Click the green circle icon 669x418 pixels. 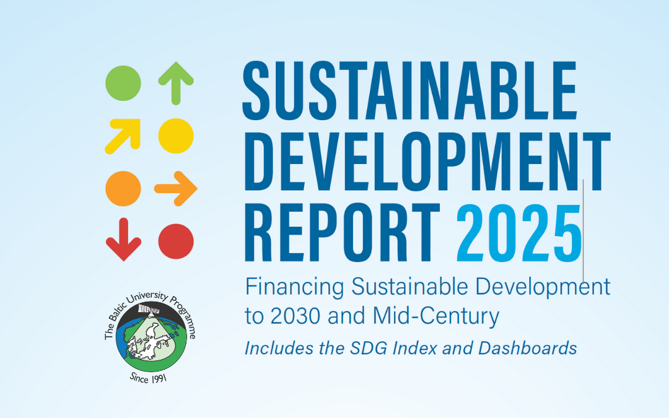pyautogui.click(x=123, y=83)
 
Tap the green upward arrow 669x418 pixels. pyautogui.click(x=176, y=83)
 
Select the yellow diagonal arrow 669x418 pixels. pyautogui.click(x=123, y=136)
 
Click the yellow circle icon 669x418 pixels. pyautogui.click(x=176, y=136)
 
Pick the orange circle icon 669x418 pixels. pyautogui.click(x=123, y=188)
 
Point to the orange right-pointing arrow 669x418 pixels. pyautogui.click(x=176, y=188)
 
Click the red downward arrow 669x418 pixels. pyautogui.click(x=123, y=239)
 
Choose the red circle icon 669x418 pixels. pyautogui.click(x=176, y=242)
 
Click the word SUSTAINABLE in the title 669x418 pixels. pyautogui.click(x=410, y=91)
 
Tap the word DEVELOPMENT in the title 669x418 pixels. pyautogui.click(x=427, y=162)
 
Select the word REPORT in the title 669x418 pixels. pyautogui.click(x=342, y=232)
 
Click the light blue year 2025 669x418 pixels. pyautogui.click(x=519, y=233)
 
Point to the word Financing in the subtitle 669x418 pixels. pyautogui.click(x=294, y=287)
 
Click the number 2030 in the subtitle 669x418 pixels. pyautogui.click(x=295, y=316)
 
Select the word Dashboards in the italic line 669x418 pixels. pyautogui.click(x=527, y=348)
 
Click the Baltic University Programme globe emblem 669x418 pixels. pyautogui.click(x=151, y=336)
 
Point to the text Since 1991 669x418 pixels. pyautogui.click(x=148, y=378)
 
